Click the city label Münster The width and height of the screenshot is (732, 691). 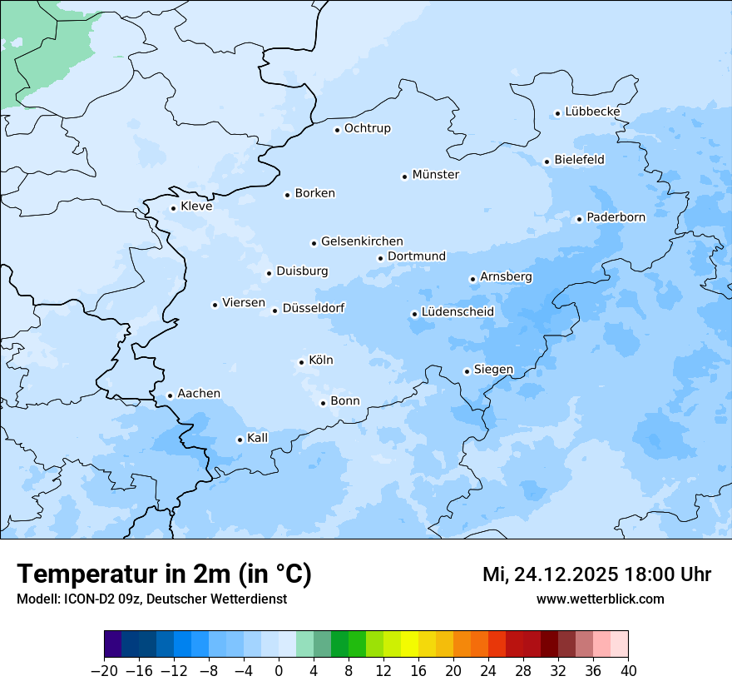coord(435,175)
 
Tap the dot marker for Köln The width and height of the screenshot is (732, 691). coord(301,362)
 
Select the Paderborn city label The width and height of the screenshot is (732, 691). coord(616,217)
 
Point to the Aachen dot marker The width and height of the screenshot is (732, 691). coord(170,396)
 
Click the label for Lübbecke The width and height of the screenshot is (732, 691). coord(592,112)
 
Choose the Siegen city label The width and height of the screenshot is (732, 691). coord(493,370)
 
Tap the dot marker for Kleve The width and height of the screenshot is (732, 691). coord(173,209)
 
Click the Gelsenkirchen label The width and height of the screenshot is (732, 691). coord(362,241)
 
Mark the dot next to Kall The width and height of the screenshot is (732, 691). coord(240,440)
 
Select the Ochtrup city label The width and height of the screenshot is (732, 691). coord(367,128)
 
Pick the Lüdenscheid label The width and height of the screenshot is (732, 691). coord(457,312)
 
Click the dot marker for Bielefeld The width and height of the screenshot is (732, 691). coord(547,162)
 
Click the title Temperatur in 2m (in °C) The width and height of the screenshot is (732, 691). coord(164,574)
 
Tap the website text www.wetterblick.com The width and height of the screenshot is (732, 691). coord(600,599)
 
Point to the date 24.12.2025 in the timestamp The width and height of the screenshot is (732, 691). coord(566,574)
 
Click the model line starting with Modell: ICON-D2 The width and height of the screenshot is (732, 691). coord(151,599)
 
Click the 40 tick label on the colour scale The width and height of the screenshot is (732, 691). coord(628,671)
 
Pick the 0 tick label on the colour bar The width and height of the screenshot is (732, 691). coord(279,671)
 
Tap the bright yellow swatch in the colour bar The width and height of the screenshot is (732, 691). coord(409,644)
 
